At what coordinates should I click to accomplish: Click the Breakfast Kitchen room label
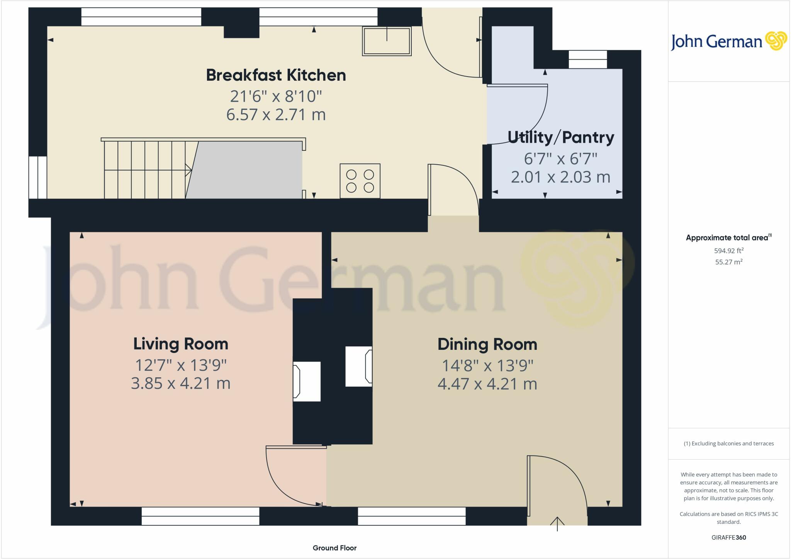pyautogui.click(x=276, y=75)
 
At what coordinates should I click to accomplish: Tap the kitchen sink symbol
pyautogui.click(x=387, y=41)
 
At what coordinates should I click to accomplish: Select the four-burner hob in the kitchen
pyautogui.click(x=360, y=181)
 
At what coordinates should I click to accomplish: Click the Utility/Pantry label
pyautogui.click(x=560, y=137)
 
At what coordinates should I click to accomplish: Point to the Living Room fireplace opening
pyautogui.click(x=307, y=381)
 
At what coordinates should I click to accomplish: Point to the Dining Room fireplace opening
pyautogui.click(x=358, y=366)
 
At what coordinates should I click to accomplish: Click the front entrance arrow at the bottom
pyautogui.click(x=557, y=523)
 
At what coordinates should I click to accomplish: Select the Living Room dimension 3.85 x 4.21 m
pyautogui.click(x=181, y=383)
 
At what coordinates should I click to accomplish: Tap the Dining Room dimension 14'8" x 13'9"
pyautogui.click(x=487, y=365)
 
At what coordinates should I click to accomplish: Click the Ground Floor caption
pyautogui.click(x=334, y=548)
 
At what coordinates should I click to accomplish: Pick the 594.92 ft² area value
pyautogui.click(x=728, y=251)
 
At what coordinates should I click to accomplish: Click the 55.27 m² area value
pyautogui.click(x=728, y=262)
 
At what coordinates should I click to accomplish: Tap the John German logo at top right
pyautogui.click(x=728, y=41)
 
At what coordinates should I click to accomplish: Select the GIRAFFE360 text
pyautogui.click(x=728, y=537)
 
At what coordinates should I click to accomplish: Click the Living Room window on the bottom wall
pyautogui.click(x=200, y=516)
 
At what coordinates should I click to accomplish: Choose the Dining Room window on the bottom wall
pyautogui.click(x=412, y=516)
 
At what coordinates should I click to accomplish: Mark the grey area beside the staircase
pyautogui.click(x=247, y=170)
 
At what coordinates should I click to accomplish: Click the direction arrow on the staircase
pyautogui.click(x=188, y=170)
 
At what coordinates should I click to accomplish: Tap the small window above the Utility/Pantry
pyautogui.click(x=588, y=59)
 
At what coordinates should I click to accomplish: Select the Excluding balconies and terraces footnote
pyautogui.click(x=728, y=443)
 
